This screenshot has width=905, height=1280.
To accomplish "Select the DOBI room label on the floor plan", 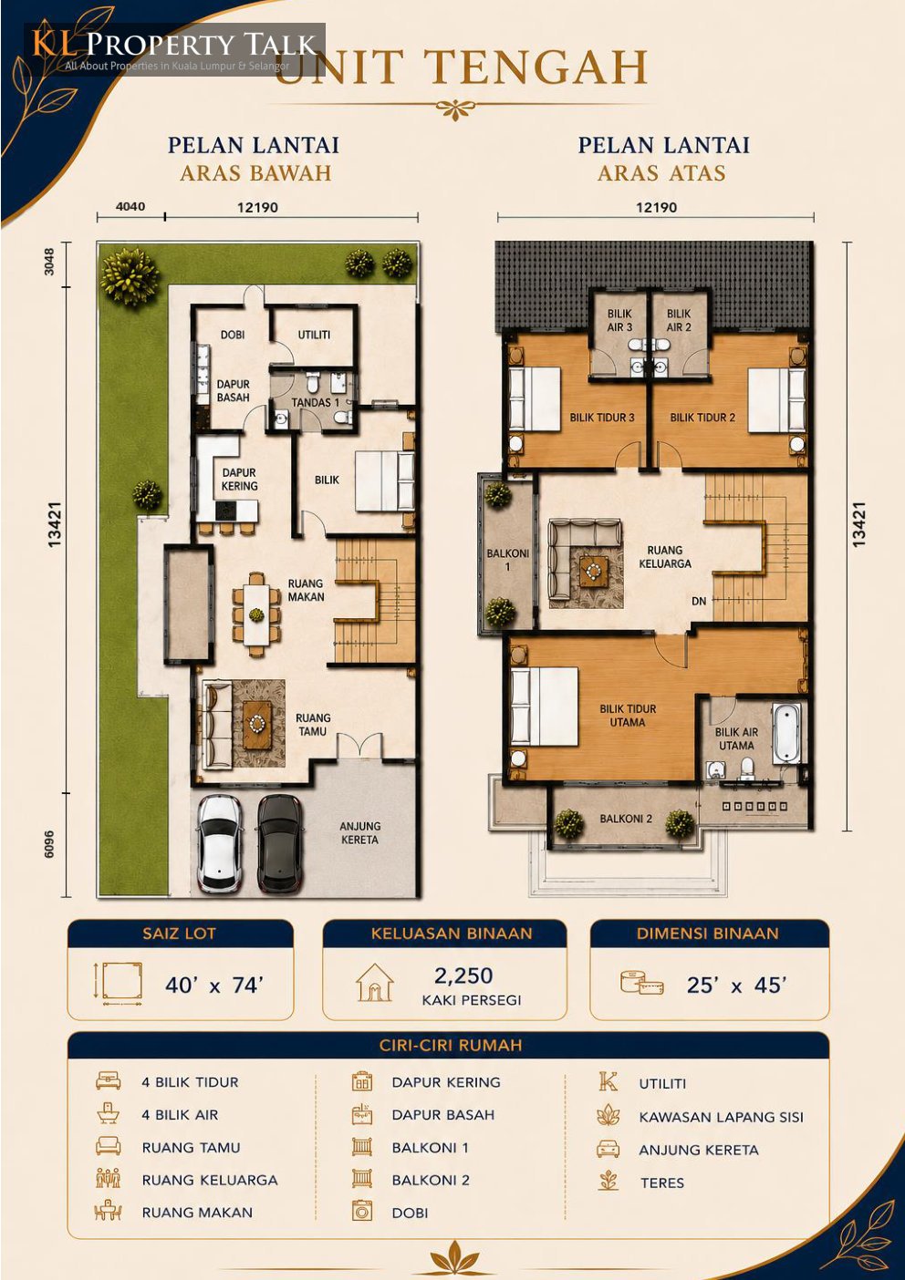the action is pos(233,335).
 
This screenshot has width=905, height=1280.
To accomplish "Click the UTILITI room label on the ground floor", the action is pos(314,335).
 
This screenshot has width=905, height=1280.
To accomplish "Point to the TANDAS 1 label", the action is pos(315,402).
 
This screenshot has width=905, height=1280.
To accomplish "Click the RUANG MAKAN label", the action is pos(306,590).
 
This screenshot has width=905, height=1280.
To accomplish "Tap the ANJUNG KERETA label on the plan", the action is pos(360,832).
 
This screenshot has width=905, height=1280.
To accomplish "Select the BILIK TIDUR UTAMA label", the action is pos(628,716).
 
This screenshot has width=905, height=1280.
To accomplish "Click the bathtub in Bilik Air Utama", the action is pos(787,733).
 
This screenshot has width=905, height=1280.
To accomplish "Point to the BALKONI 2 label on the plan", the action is pos(626,819).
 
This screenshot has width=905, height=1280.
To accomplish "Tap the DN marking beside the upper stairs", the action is pos(699,601).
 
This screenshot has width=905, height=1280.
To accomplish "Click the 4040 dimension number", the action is pos(130,206).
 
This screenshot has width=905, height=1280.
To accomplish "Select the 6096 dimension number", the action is pos(50,843).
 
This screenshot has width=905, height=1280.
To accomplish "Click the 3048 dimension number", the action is pos(50,262).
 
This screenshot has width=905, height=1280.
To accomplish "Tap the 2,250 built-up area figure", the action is pos(463,975).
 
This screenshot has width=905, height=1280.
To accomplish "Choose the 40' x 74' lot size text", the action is pos(214,986).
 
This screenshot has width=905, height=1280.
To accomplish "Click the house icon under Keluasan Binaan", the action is pos(374,982).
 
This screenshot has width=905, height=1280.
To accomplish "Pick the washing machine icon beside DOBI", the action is pos(362,1211).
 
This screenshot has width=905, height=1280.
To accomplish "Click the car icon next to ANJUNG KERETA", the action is pos(608,1149).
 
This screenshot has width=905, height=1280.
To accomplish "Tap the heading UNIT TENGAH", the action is pos(461,67).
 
